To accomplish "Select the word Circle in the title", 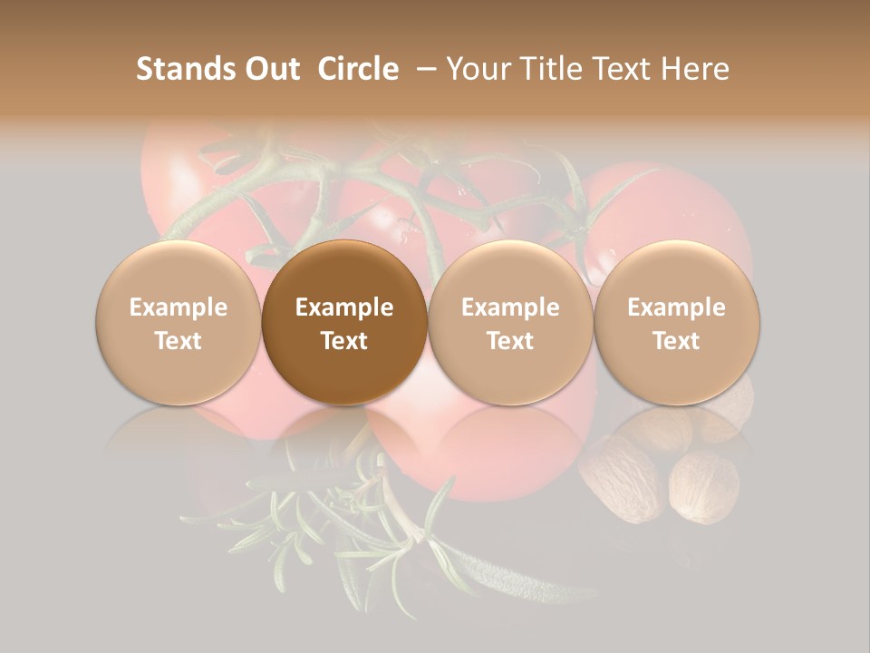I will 358,69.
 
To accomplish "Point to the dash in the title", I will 424,69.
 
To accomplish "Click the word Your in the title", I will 475,69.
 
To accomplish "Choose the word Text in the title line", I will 615,69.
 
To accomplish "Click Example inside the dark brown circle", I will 344,307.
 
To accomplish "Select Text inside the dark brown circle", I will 344,341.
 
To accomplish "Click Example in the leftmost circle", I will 179,307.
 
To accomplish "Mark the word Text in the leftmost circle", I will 179,341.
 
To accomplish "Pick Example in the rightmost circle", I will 677,307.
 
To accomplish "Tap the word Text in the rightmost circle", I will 677,341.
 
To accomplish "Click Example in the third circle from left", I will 510,307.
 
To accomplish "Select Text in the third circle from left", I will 510,341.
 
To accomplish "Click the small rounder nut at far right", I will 703,488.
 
